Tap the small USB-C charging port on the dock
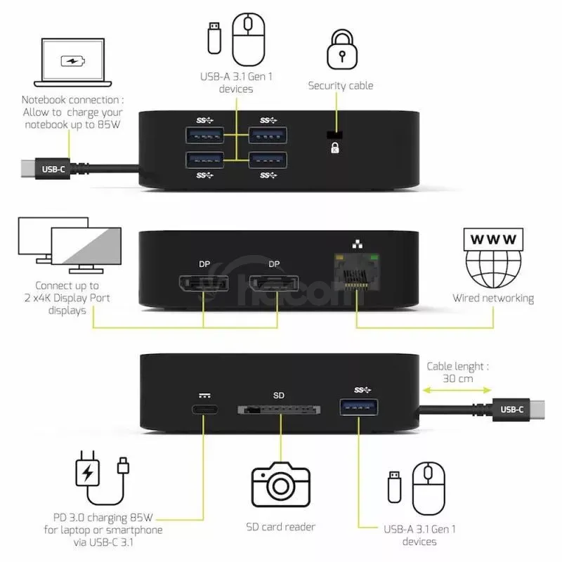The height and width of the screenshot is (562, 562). coord(205,409)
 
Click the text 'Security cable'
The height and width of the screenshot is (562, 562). coord(341,86)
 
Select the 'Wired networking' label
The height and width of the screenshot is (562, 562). coord(493,299)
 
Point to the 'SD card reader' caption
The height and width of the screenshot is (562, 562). coord(280,526)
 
